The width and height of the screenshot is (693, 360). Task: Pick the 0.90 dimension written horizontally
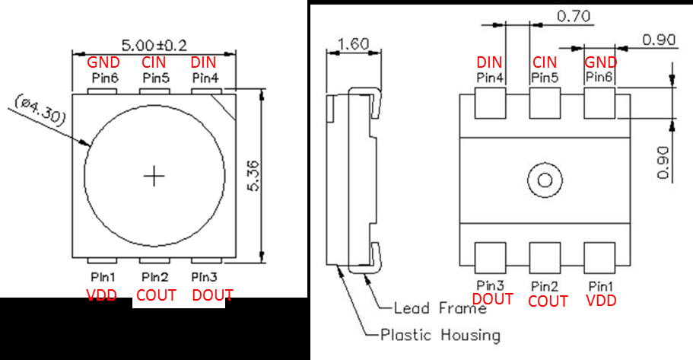pyautogui.click(x=660, y=39)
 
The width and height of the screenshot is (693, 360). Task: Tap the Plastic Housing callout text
pyautogui.click(x=440, y=334)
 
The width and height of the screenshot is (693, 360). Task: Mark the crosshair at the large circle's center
pyautogui.click(x=154, y=177)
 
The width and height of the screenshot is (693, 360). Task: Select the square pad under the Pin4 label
pyautogui.click(x=490, y=104)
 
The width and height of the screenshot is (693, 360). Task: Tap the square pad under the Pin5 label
pyautogui.click(x=545, y=104)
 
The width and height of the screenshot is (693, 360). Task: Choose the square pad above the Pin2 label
pyautogui.click(x=545, y=258)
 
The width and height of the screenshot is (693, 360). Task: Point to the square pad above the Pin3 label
pyautogui.click(x=490, y=258)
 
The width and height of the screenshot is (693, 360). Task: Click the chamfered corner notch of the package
pyautogui.click(x=226, y=103)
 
